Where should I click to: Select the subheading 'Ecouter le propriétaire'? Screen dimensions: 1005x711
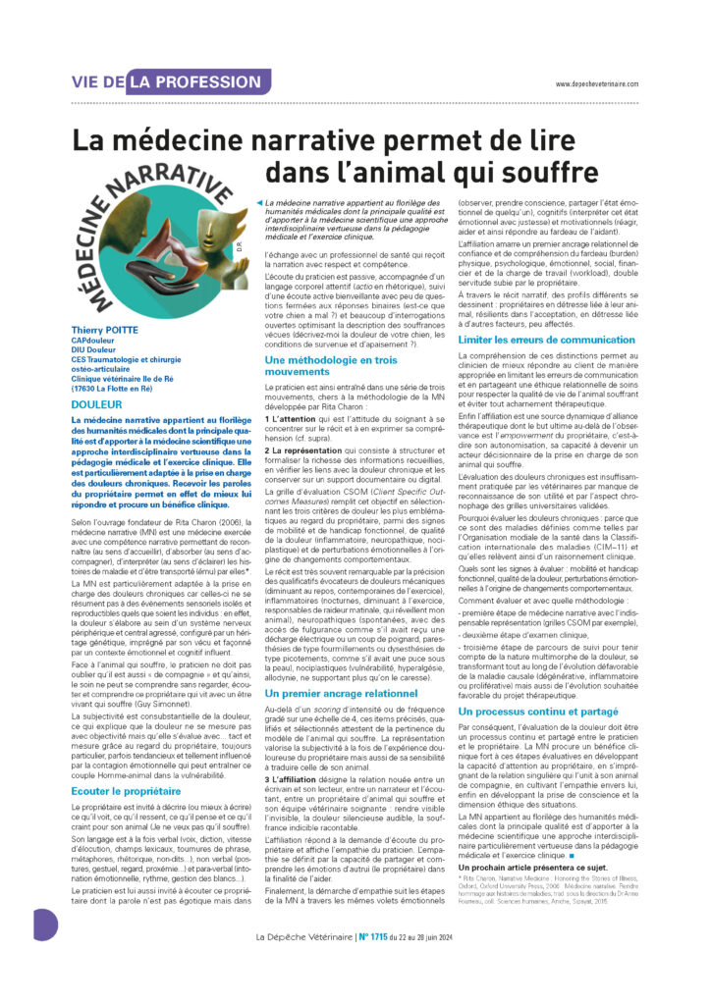tap(125, 764)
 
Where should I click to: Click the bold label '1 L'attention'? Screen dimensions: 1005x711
tap(291, 418)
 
